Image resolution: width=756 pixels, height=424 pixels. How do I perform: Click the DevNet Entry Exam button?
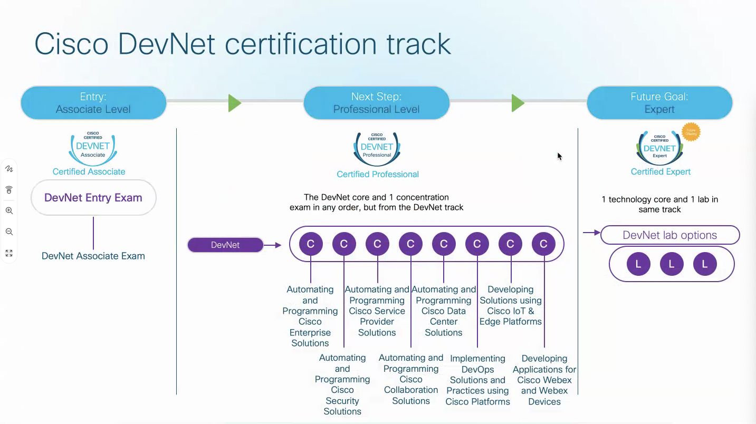tap(93, 198)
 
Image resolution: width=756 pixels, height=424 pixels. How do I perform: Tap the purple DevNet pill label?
tap(225, 245)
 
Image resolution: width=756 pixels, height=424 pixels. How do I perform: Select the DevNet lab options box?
tap(669, 235)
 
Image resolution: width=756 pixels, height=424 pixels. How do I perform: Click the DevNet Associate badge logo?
tap(93, 148)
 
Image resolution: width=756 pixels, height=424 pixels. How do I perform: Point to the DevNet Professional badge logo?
tap(377, 149)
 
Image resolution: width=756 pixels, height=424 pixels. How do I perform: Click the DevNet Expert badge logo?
tap(659, 148)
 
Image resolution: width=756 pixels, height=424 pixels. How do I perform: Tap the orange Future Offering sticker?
tap(691, 132)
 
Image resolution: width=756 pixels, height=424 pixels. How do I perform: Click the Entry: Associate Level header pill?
tap(93, 103)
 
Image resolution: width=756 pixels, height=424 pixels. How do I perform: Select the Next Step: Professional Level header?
tap(376, 103)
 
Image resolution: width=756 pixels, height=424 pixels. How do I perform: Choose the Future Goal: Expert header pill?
tap(659, 103)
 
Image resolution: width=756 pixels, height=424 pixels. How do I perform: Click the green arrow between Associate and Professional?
tap(235, 103)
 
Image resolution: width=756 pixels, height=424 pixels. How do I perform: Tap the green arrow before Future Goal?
tap(518, 103)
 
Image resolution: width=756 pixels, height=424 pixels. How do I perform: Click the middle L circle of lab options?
tap(672, 264)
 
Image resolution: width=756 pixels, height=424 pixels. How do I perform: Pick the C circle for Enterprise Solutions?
tap(311, 244)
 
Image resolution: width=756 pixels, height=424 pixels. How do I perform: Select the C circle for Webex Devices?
tap(543, 244)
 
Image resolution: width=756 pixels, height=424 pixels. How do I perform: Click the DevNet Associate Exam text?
tap(93, 256)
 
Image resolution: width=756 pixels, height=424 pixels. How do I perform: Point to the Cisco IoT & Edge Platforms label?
tap(510, 305)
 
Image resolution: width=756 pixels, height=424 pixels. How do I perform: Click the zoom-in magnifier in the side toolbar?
tap(9, 210)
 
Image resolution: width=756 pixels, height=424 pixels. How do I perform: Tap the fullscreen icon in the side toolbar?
tap(9, 253)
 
